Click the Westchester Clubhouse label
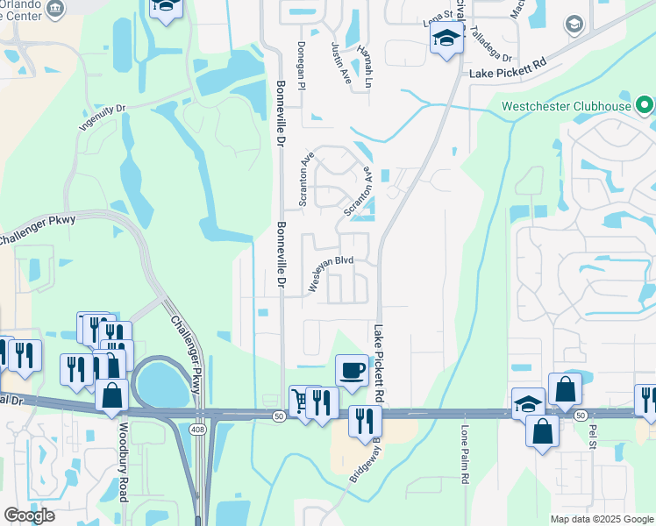tap(567, 107)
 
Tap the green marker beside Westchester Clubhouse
tap(646, 107)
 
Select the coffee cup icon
tap(352, 370)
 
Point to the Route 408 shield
tap(199, 427)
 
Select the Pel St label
tap(593, 437)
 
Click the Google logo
tap(28, 515)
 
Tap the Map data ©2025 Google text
tap(602, 519)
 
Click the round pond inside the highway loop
tap(163, 384)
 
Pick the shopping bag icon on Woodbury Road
tap(112, 395)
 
